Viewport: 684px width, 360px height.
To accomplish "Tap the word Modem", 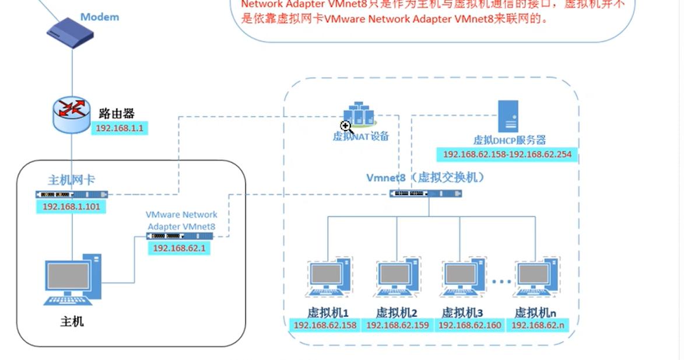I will click(99, 17).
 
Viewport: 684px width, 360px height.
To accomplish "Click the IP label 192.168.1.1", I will click(119, 128).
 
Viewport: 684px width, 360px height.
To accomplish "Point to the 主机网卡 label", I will click(71, 180).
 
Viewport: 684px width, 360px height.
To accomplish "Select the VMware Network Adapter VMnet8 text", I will click(181, 221).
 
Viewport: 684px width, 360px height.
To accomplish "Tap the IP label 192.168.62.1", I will click(179, 248).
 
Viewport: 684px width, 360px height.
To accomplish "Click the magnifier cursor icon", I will click(346, 127).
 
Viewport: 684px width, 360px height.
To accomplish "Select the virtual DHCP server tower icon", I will click(507, 116).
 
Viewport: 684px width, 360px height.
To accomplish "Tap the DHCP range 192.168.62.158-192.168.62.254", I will click(507, 155).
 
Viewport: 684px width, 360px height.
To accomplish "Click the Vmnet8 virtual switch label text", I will click(425, 177).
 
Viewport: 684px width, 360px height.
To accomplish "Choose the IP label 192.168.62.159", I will click(397, 325).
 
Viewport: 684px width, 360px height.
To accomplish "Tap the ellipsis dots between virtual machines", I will click(501, 282).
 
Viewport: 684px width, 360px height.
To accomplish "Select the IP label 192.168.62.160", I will click(470, 325).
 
